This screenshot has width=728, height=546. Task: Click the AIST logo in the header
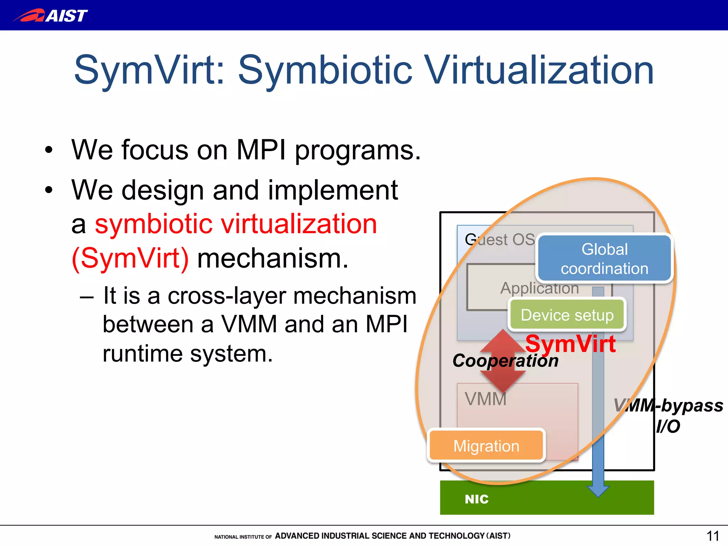(50, 16)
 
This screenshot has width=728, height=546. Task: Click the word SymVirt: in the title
(149, 70)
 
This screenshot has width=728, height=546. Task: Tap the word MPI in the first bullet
(261, 150)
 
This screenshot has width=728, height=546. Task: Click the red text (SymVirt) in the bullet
(130, 258)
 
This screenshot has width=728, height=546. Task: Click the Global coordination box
(604, 259)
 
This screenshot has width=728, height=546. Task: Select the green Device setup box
(567, 315)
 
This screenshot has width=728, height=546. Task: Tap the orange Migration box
(486, 446)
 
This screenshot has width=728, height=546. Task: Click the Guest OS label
(499, 240)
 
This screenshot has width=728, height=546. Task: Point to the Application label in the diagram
(539, 288)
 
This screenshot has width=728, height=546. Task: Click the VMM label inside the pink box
(486, 399)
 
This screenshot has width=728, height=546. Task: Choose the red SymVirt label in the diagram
(570, 344)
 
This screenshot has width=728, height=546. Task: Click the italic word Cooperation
(505, 361)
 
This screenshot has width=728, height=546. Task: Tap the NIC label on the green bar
(476, 499)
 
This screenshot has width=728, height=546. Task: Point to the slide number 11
(712, 536)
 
